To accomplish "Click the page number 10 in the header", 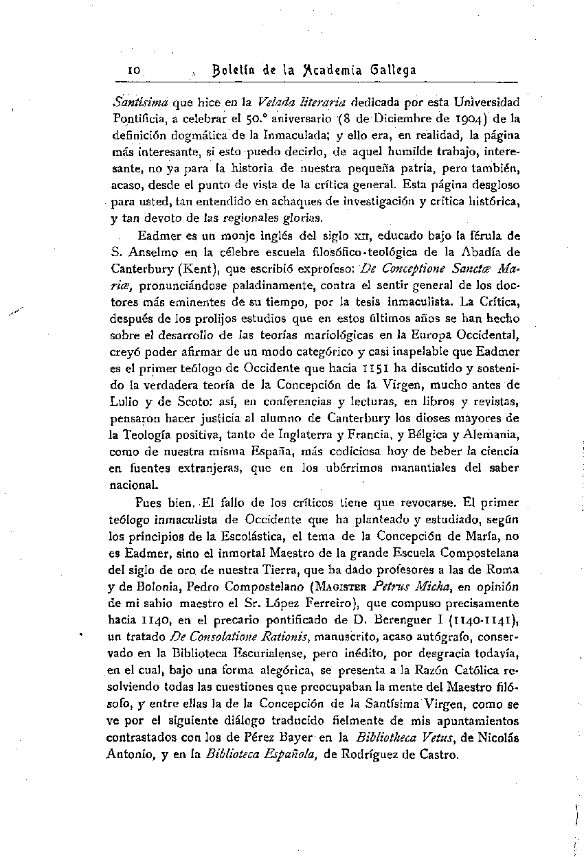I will click(x=134, y=70).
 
